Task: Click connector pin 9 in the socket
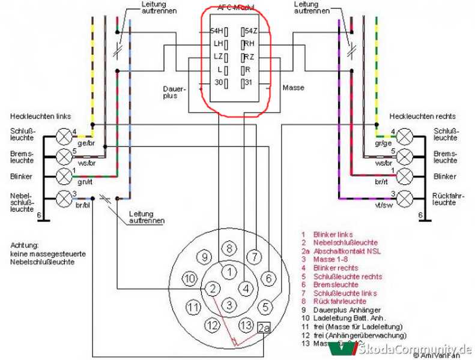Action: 205,257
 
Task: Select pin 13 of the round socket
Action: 245,325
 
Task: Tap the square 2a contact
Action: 263,328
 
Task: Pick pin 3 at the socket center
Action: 229,305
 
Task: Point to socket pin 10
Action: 190,278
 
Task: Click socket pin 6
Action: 269,278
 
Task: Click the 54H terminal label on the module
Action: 216,31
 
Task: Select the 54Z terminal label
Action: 250,31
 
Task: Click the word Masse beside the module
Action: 293,88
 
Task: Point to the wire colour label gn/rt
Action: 85,182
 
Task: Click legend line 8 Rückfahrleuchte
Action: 333,301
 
